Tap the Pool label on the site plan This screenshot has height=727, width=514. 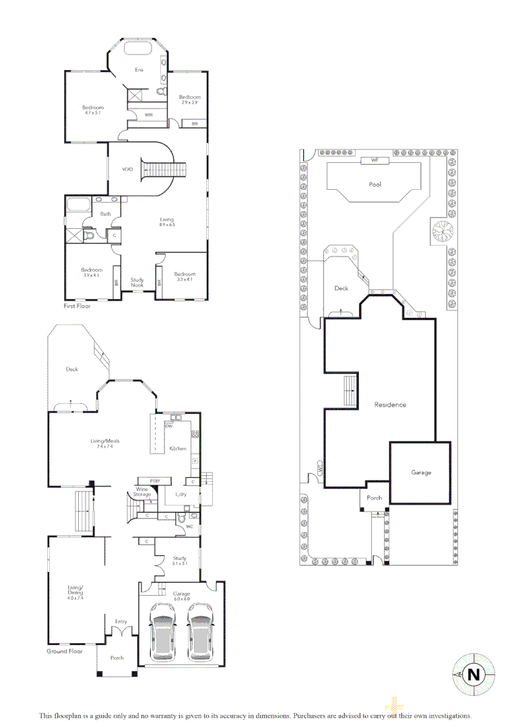tap(375, 184)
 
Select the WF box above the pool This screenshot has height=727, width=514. tap(372, 160)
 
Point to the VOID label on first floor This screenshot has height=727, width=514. tap(127, 170)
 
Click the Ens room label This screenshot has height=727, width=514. tap(139, 69)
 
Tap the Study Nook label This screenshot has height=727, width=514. tap(137, 283)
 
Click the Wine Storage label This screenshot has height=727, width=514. tap(142, 492)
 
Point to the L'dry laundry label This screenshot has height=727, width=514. tap(181, 495)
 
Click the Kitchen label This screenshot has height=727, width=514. tap(177, 448)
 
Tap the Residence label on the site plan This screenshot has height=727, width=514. tap(390, 405)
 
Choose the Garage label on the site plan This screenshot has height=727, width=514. tap(421, 473)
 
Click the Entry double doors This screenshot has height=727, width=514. tap(121, 633)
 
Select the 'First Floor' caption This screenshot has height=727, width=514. tap(80, 305)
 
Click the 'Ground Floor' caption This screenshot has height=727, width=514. tap(65, 652)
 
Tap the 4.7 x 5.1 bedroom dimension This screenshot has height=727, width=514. tap(92, 114)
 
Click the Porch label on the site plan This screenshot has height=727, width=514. tap(375, 498)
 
